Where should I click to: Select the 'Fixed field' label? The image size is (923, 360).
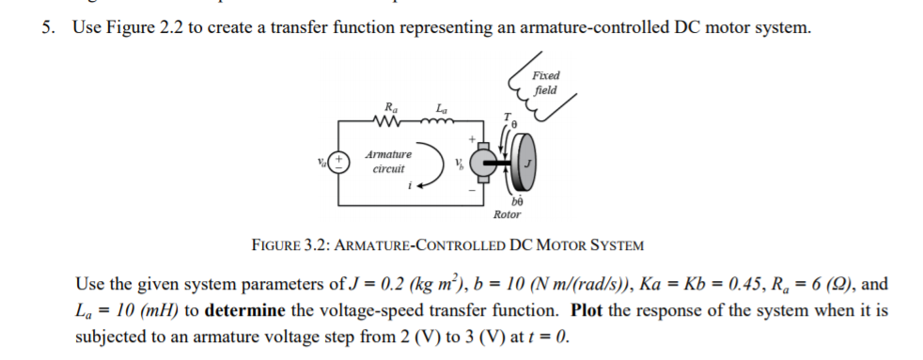tap(545, 83)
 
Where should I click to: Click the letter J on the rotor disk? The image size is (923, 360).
tap(528, 162)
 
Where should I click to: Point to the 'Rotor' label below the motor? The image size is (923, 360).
tap(507, 214)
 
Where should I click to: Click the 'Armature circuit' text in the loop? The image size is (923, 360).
tap(387, 162)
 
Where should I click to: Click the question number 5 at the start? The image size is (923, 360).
tap(45, 27)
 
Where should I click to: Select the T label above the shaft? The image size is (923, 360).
tap(507, 117)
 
